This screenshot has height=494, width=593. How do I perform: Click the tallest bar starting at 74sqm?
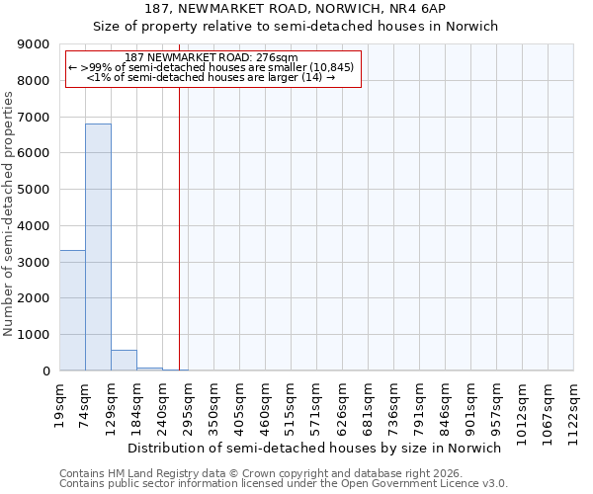pyautogui.click(x=98, y=247)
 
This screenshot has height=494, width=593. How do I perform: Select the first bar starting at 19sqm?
pyautogui.click(x=72, y=310)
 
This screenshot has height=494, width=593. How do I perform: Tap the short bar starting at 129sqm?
pyautogui.click(x=124, y=361)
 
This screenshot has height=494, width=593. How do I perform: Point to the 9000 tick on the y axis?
pyautogui.click(x=33, y=44)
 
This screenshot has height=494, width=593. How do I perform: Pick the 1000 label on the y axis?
pyautogui.click(x=33, y=335)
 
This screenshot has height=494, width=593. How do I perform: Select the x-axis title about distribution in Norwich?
pyautogui.click(x=315, y=449)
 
